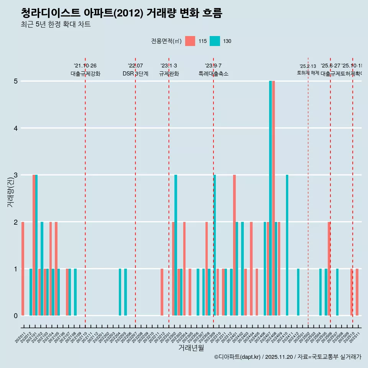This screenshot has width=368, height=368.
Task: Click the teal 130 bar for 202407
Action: pyautogui.click(x=270, y=198)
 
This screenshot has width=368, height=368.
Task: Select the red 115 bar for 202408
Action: pyautogui.click(x=273, y=198)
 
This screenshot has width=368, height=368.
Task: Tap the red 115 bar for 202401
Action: pyautogui.click(x=234, y=245)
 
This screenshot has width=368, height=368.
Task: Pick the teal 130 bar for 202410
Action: pyautogui.click(x=287, y=245)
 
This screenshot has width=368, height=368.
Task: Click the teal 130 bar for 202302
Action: pyautogui.click(x=176, y=245)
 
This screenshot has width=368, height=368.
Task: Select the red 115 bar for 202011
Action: pyautogui.click(x=23, y=268)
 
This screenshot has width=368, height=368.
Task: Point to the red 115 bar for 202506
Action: pyautogui.click(x=329, y=268)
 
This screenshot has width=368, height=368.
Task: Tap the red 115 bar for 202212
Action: pyautogui.click(x=162, y=292)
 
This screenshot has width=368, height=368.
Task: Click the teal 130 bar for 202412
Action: pyautogui.click(x=298, y=292)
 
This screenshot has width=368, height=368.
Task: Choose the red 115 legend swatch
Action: pyautogui.click(x=190, y=41)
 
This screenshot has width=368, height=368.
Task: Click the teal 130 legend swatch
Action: pyautogui.click(x=215, y=41)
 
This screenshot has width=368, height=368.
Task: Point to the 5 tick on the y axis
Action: pyautogui.click(x=16, y=81)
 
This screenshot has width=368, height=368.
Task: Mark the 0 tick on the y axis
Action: pyautogui.click(x=16, y=316)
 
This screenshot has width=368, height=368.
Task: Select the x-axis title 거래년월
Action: pyautogui.click(x=191, y=348)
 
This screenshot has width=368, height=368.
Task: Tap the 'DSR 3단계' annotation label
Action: pyautogui.click(x=135, y=74)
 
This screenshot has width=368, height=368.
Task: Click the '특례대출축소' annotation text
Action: pyautogui.click(x=214, y=74)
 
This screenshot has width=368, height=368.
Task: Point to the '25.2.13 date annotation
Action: pyautogui.click(x=308, y=66)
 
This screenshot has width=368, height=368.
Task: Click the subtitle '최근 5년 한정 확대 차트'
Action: pyautogui.click(x=56, y=25)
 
